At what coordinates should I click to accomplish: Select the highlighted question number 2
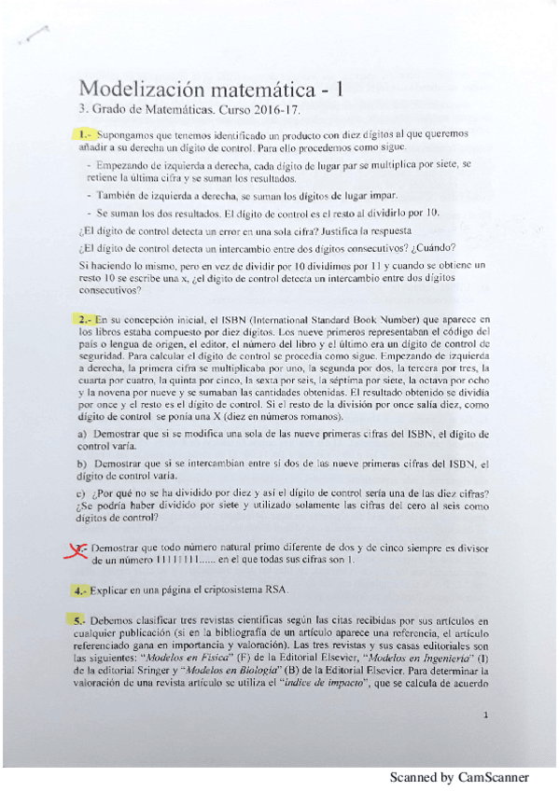point(84,320)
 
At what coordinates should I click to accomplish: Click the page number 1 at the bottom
point(488,715)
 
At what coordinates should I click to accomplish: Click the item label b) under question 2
point(83,464)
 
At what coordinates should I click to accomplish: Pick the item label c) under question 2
point(83,493)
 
